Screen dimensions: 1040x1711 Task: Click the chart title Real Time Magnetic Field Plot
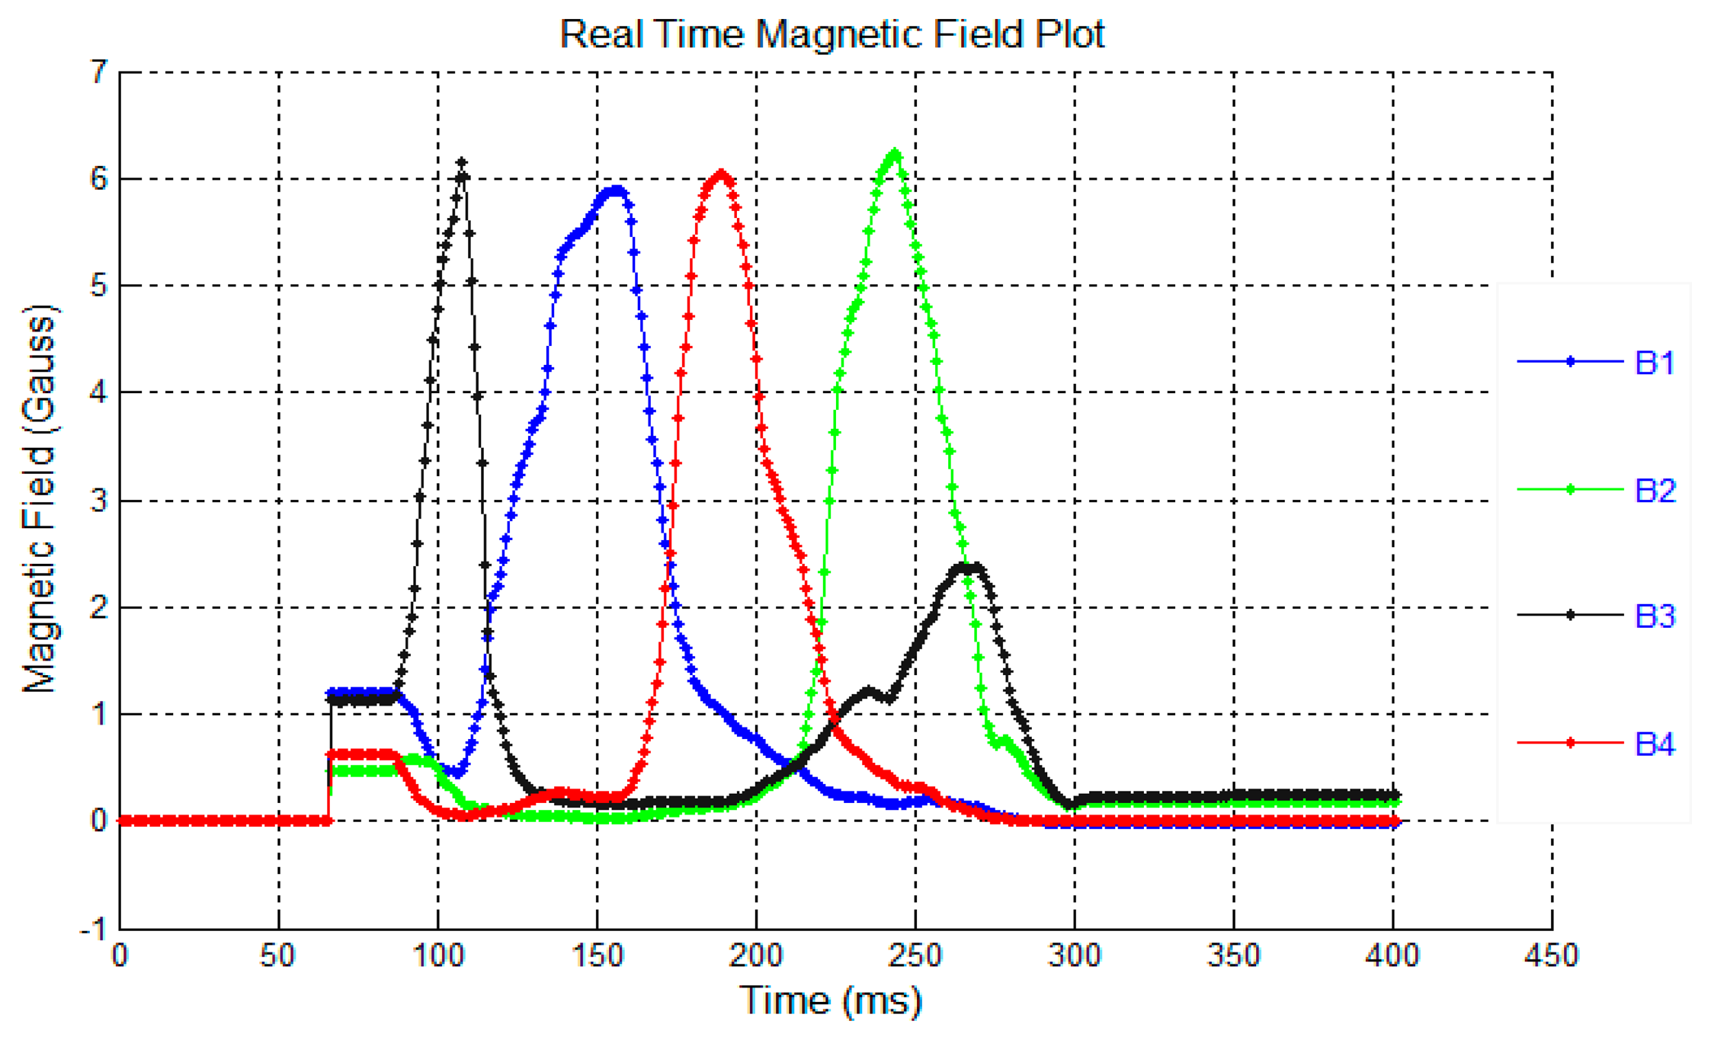tap(831, 34)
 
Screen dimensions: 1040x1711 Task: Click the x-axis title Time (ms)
tap(830, 1000)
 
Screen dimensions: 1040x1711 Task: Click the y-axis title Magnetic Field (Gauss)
tap(40, 499)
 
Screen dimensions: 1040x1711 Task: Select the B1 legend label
tap(1655, 363)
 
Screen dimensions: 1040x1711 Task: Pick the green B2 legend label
tap(1655, 491)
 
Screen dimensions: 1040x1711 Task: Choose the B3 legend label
tap(1655, 616)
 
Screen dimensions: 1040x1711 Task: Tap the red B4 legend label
tap(1655, 744)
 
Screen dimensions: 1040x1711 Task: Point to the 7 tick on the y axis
tap(100, 73)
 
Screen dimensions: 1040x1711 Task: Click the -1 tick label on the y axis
tap(94, 929)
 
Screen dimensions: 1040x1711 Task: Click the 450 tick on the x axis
tap(1551, 955)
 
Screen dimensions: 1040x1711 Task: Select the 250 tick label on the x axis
tap(915, 955)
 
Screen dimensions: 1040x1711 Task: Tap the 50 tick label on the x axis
tap(278, 955)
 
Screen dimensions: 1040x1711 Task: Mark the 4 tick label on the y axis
tap(100, 392)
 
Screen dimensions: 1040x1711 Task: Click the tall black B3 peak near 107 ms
tap(461, 163)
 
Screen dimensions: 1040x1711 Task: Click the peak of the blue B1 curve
tap(616, 190)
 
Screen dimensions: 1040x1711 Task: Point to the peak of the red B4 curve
tap(721, 174)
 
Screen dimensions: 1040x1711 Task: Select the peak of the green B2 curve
tap(895, 154)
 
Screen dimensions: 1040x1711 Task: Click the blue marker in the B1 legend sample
tap(1570, 362)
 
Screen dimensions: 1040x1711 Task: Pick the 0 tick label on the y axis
tap(98, 821)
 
